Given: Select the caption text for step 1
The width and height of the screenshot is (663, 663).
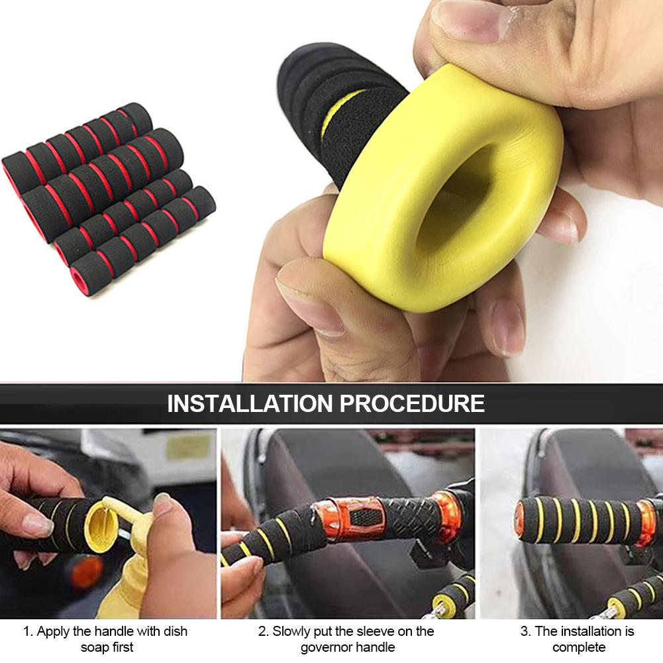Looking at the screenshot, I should click(105, 639).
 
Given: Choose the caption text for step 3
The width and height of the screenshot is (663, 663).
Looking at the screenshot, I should click(577, 639).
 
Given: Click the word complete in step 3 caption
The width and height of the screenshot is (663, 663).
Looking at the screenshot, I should click(579, 648).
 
